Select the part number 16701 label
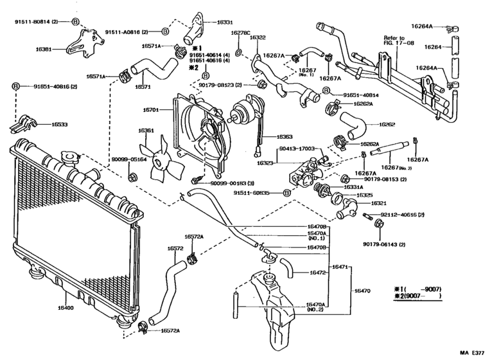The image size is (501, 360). point(152,110)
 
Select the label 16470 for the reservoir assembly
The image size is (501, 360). point(364,291)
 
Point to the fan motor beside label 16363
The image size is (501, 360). point(246,110)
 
